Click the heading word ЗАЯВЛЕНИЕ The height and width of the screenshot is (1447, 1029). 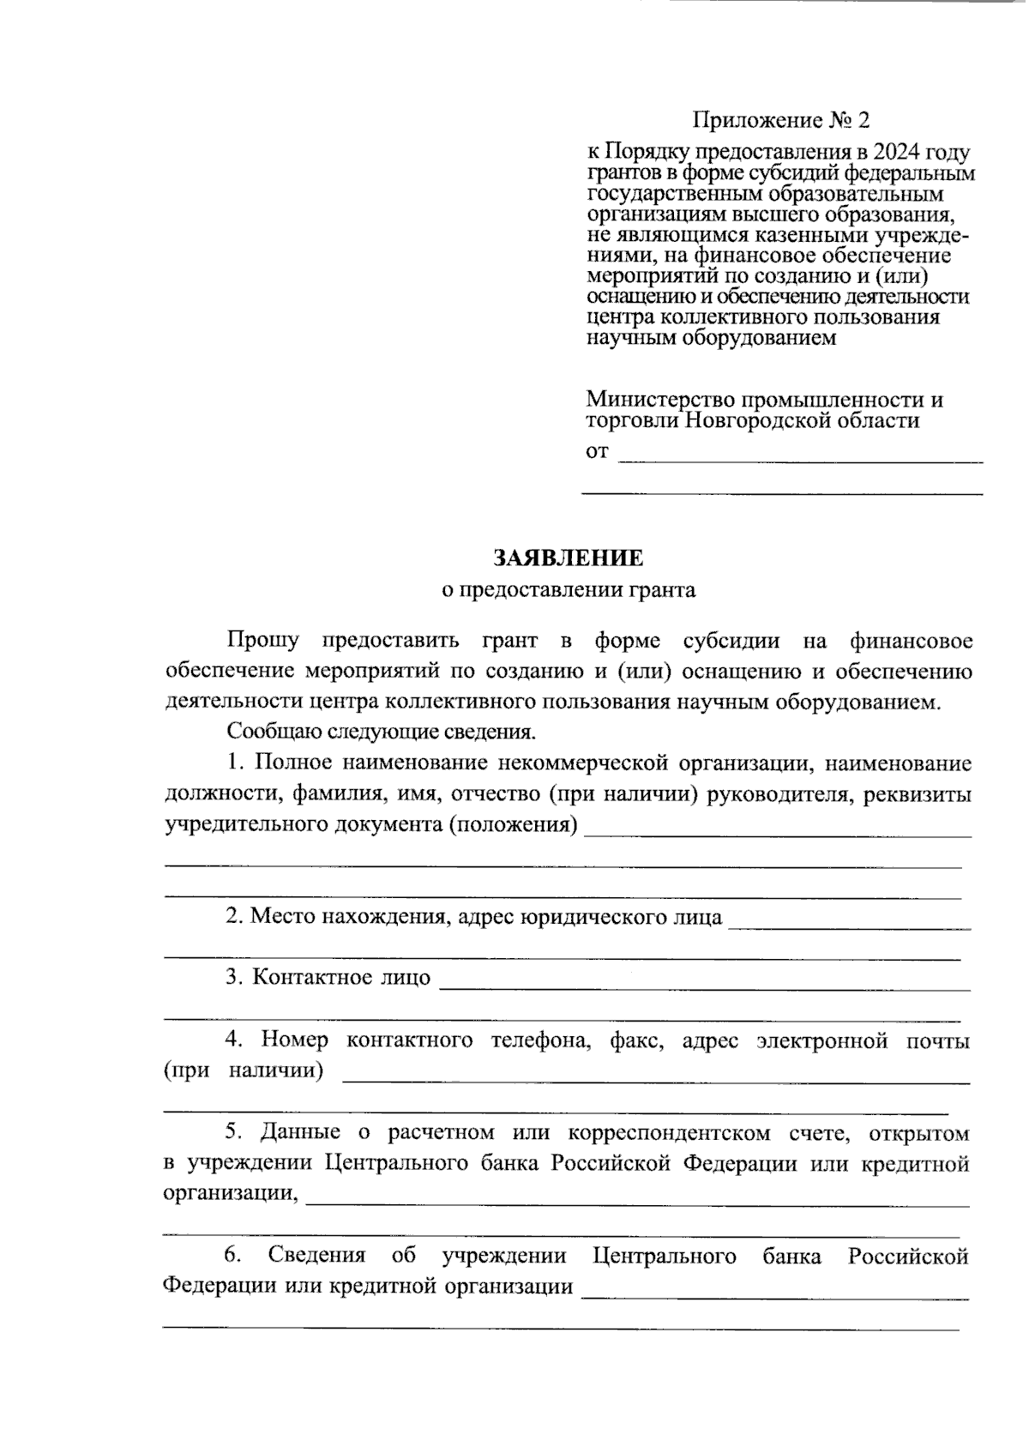[567, 558]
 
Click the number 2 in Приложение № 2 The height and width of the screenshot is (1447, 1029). [864, 120]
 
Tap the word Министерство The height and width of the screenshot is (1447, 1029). [659, 400]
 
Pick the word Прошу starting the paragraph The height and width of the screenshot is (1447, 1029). [262, 641]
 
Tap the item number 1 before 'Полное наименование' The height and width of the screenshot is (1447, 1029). [234, 763]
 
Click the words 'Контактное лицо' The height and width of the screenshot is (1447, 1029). [341, 978]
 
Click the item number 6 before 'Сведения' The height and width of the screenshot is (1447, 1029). [232, 1256]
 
